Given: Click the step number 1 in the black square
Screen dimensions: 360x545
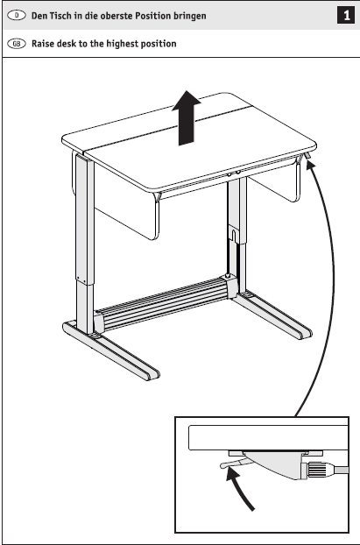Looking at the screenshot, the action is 346,16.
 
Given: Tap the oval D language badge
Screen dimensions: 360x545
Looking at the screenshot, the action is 17,15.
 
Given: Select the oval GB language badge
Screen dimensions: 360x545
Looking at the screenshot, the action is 17,44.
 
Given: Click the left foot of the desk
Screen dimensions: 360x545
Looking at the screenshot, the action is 111,351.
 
